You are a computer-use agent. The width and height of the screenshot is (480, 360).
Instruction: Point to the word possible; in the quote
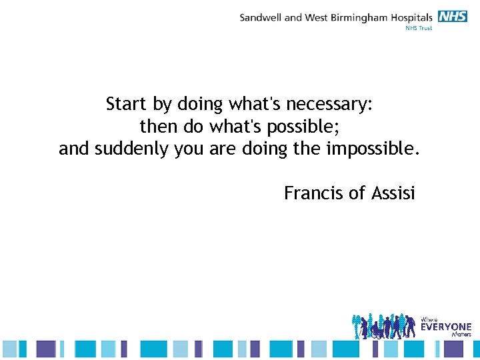pyautogui.click(x=306, y=127)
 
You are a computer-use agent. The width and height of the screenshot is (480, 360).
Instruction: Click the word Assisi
pyautogui.click(x=393, y=193)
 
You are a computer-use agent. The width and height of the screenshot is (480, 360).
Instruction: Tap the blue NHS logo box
pyautogui.click(x=453, y=17)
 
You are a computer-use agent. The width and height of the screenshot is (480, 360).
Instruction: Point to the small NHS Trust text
pyautogui.click(x=419, y=28)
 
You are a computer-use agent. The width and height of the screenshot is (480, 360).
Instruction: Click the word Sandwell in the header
pyautogui.click(x=261, y=17)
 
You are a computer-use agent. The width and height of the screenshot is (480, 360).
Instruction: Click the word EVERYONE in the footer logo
pyautogui.click(x=446, y=327)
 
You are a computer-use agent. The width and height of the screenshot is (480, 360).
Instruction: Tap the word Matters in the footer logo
pyautogui.click(x=461, y=334)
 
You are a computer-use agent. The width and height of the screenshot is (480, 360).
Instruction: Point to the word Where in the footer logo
pyautogui.click(x=429, y=319)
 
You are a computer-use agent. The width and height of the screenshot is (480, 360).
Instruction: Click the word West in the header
pyautogui.click(x=316, y=17)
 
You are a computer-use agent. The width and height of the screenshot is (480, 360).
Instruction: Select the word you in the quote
pyautogui.click(x=189, y=150)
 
